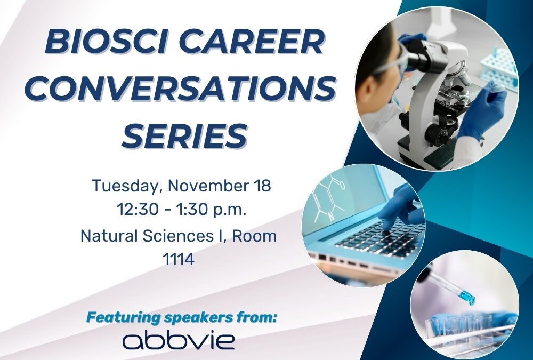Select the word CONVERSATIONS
pos(181,88)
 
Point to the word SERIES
pos(184,135)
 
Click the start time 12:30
pos(136,210)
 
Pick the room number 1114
pos(178,259)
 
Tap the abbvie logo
pos(179,341)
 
